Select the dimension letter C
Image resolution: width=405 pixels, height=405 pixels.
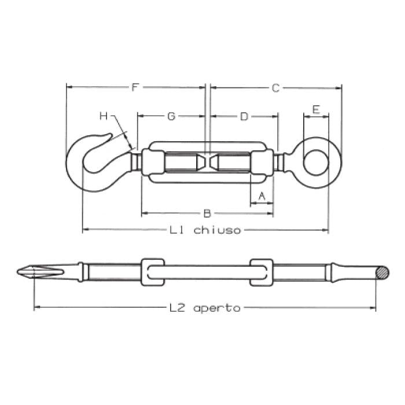point(275,88)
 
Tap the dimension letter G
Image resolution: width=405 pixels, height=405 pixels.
point(171,116)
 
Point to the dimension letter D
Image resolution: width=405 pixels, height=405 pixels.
point(244,116)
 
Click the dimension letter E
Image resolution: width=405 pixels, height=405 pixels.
point(316,109)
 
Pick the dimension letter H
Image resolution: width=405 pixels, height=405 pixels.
point(104,116)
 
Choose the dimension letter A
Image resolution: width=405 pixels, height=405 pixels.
point(262,196)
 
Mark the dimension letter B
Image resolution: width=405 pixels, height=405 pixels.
point(207,213)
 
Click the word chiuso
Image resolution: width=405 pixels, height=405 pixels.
point(217,230)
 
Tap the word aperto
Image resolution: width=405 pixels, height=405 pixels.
point(216,308)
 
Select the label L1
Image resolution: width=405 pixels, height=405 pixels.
point(177,230)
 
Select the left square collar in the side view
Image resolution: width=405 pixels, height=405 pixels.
point(152,272)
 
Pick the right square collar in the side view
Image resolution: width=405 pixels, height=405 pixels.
point(262,272)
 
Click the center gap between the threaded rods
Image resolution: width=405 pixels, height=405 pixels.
point(208,161)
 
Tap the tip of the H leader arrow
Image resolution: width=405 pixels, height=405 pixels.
point(133,148)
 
